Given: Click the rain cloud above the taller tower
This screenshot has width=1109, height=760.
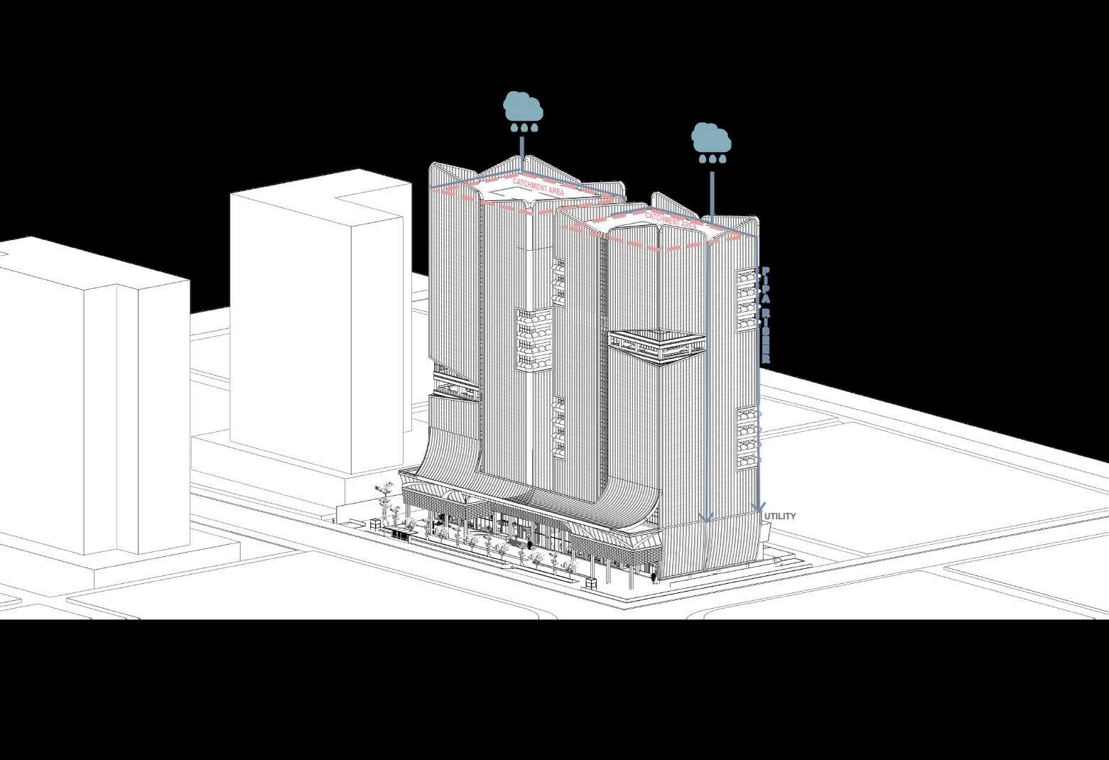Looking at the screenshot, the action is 524,106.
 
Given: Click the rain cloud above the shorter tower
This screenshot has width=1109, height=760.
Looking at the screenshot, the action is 711,138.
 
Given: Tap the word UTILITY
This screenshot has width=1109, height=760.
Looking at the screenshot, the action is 781,516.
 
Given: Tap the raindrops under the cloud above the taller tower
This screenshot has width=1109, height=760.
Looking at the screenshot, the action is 524,129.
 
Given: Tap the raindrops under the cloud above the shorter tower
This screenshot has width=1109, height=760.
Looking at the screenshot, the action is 712,160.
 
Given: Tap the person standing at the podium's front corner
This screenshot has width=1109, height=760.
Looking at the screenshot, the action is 654,577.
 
